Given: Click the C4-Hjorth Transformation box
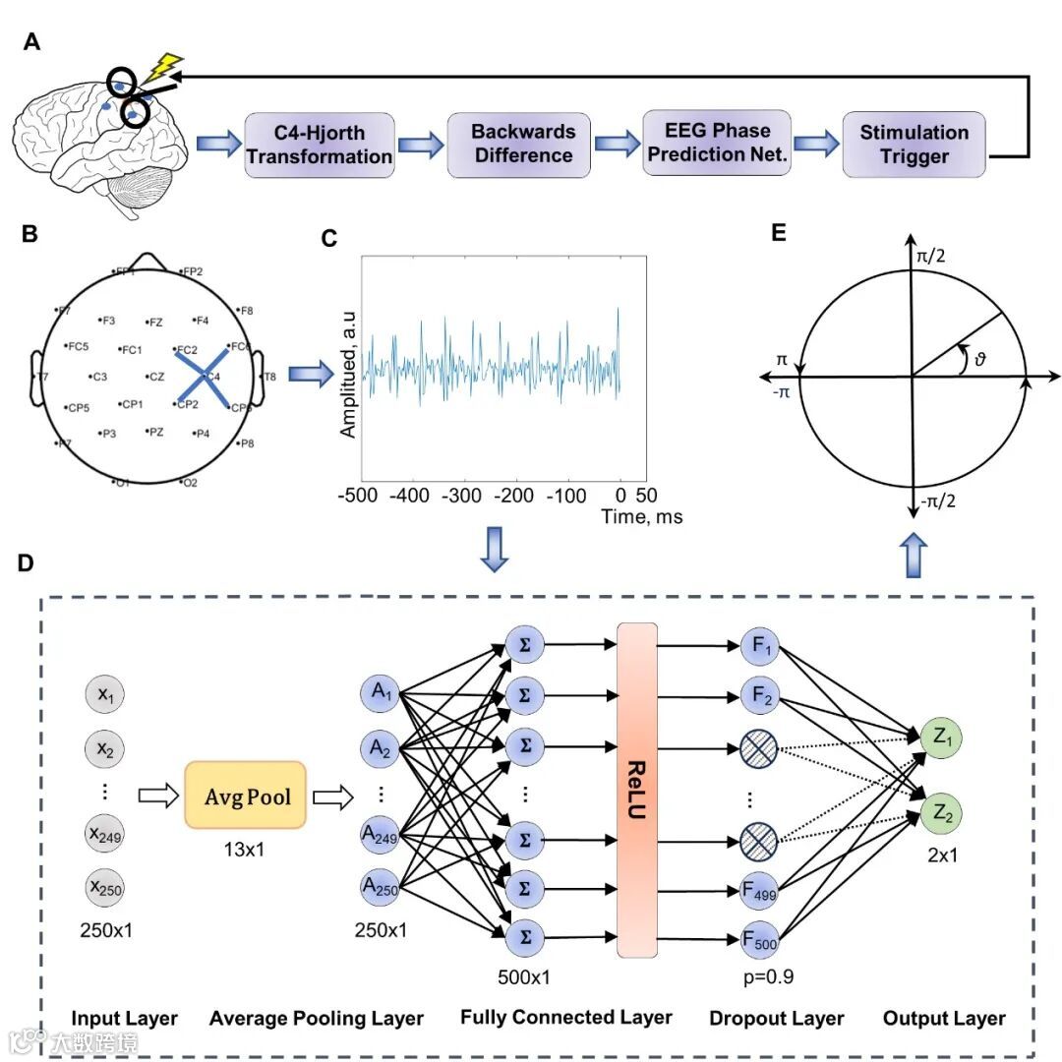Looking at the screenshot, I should tap(319, 145).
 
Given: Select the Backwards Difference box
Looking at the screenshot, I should tap(521, 144).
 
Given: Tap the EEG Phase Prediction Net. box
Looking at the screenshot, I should tap(717, 142).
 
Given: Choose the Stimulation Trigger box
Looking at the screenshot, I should tap(914, 144).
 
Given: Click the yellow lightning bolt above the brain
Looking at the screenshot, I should tap(162, 68).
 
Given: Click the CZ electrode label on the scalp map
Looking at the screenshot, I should tap(155, 377).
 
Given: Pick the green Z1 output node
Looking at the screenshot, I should tap(941, 737).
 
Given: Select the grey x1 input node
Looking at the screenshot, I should tap(104, 694).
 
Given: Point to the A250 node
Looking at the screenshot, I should tap(382, 888).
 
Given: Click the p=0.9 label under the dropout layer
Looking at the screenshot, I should tap(764, 977).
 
